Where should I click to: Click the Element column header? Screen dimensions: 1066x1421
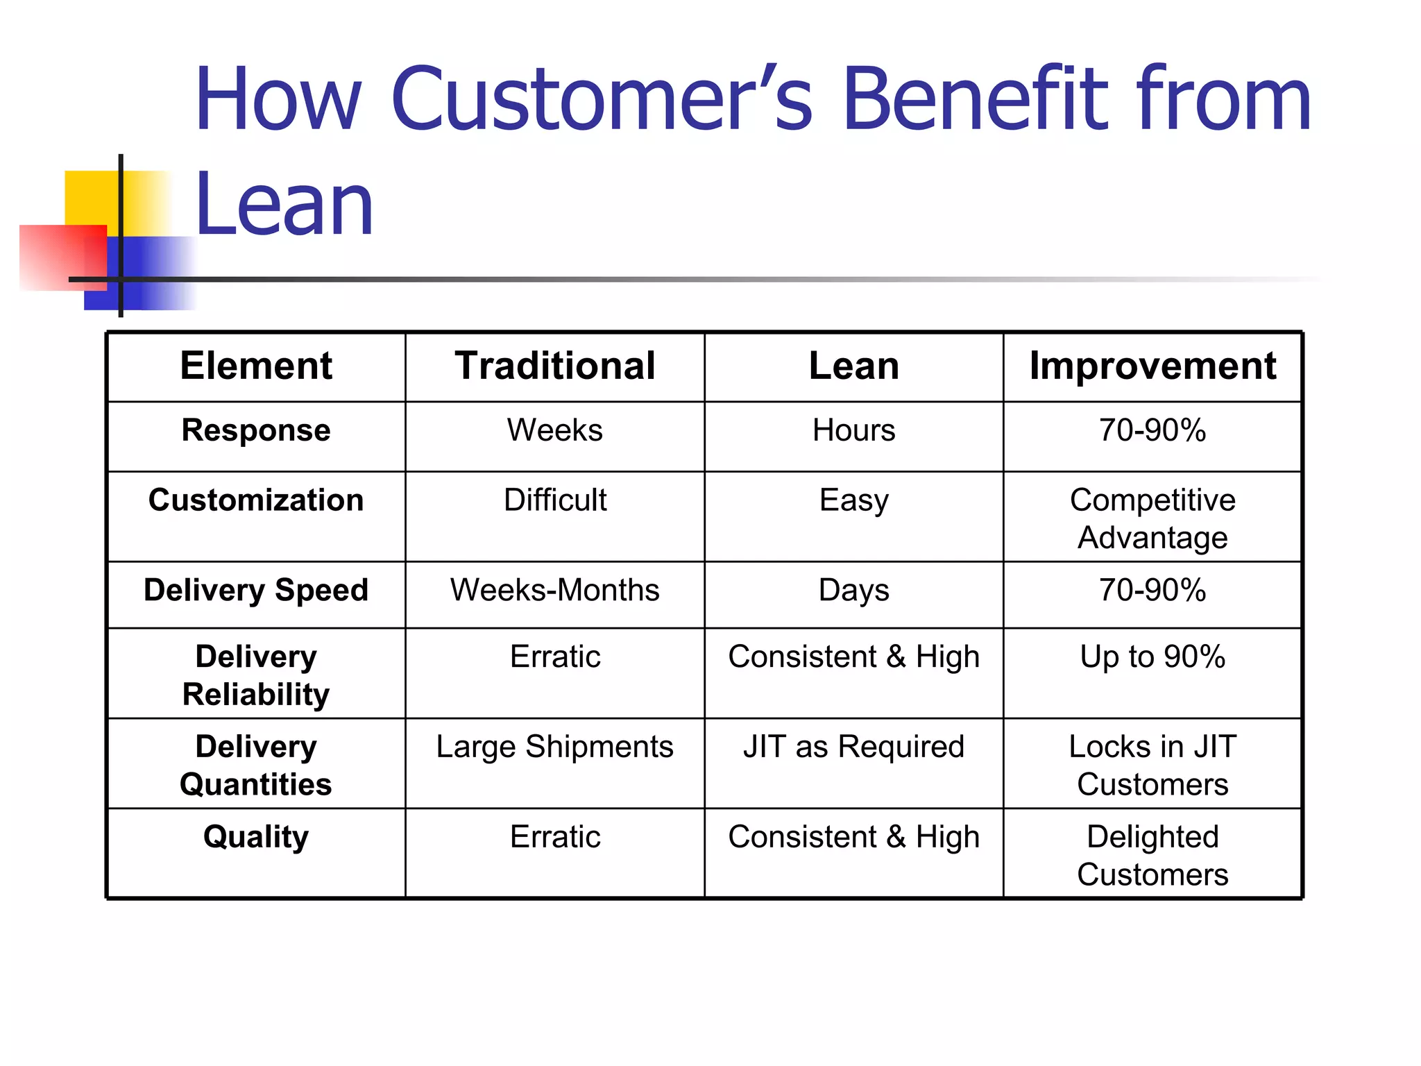(256, 366)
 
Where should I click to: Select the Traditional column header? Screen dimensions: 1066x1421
(555, 366)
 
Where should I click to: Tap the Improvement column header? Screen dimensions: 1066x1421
(1152, 366)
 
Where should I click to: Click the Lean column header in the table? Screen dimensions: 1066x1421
(853, 366)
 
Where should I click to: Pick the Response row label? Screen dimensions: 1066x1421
(256, 430)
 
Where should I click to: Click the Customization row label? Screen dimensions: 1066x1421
(256, 500)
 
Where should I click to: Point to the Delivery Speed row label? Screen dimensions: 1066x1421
(256, 591)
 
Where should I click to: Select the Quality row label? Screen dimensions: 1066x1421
(256, 837)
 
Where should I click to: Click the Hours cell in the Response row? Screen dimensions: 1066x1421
(853, 430)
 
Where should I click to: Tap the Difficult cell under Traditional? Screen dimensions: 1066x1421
(555, 500)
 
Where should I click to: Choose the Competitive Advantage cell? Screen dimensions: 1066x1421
(1152, 518)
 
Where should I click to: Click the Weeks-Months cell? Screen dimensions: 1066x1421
(555, 591)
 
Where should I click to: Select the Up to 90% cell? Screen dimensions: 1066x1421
(1152, 657)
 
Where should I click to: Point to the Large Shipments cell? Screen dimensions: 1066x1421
(555, 747)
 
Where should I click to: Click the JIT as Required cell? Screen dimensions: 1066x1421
(853, 747)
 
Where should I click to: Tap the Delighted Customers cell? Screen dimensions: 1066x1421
(1152, 855)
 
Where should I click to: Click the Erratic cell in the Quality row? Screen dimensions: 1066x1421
(555, 837)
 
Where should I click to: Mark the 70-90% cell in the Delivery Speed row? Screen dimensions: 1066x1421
(1152, 591)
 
